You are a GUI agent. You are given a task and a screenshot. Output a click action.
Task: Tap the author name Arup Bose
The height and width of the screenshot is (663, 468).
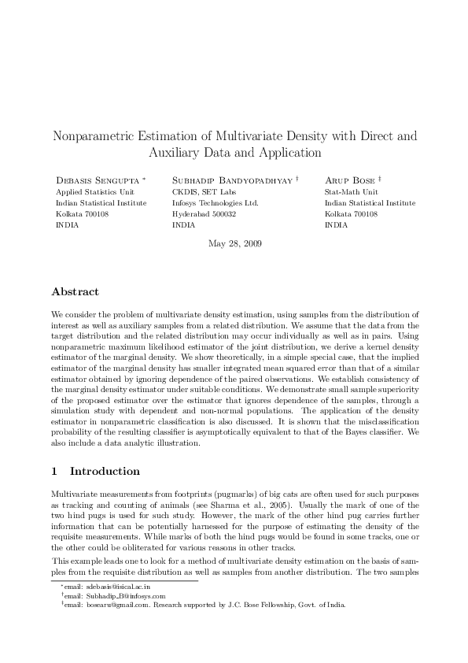tap(350, 180)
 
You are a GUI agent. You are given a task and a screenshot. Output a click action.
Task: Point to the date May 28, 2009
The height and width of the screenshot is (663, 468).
tap(234, 243)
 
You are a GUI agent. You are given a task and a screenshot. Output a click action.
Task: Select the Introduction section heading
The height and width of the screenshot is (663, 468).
tap(105, 472)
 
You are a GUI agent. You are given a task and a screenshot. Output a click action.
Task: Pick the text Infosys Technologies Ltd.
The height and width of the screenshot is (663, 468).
tap(215, 202)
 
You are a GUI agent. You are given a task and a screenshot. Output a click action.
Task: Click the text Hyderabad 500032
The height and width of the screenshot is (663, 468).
tap(204, 213)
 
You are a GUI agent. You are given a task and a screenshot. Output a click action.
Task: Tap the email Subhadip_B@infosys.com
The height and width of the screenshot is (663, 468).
tap(121, 596)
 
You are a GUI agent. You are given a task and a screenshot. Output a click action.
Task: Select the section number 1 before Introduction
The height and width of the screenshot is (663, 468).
tap(54, 472)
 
